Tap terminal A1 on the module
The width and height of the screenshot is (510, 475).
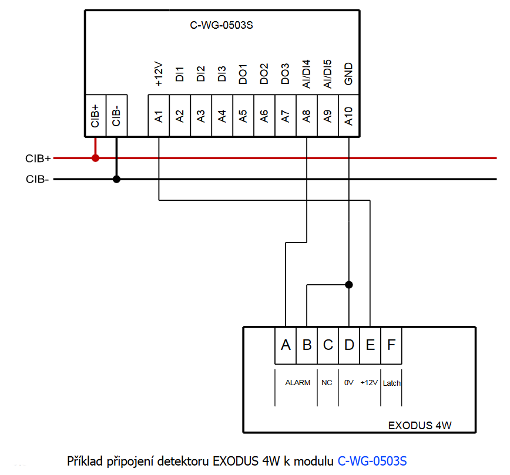click(159, 116)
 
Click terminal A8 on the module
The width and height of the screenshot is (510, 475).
click(307, 116)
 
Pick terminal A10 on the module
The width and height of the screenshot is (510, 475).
click(349, 116)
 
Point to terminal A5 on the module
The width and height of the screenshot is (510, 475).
click(243, 116)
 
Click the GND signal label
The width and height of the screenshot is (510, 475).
click(348, 74)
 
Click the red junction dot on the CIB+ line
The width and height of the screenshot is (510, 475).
click(96, 158)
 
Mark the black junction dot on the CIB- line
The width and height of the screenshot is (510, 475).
click(116, 179)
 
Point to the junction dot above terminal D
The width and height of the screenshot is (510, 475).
click(349, 285)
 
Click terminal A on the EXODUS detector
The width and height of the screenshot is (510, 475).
click(286, 345)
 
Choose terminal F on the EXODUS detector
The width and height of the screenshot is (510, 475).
click(391, 345)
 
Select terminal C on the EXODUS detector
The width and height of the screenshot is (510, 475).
click(328, 345)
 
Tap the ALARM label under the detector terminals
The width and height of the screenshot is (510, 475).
click(298, 383)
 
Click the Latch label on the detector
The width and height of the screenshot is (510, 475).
click(391, 383)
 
